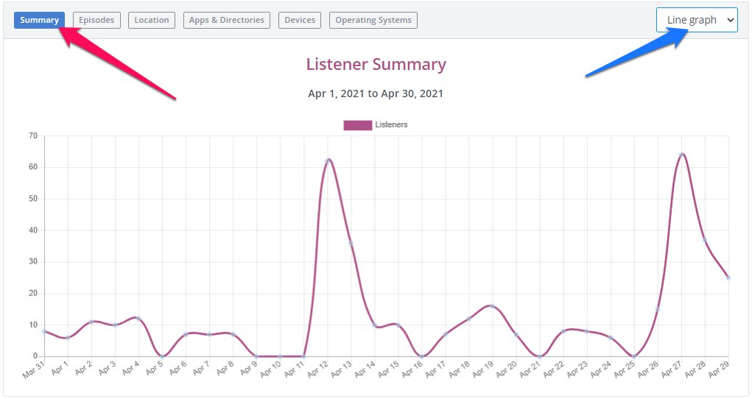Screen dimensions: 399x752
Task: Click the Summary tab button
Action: pos(39,20)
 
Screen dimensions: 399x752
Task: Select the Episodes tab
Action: pos(96,20)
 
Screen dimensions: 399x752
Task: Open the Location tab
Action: pos(152,20)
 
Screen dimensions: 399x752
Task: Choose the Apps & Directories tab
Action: pos(226,20)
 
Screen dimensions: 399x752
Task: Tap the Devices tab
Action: pos(300,20)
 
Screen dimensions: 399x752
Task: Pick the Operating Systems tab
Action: pos(373,20)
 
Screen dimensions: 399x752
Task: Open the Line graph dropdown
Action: pos(697,20)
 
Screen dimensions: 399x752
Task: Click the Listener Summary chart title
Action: pos(376,65)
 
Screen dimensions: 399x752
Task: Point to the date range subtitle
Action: pos(376,93)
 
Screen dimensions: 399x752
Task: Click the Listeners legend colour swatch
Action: pos(357,125)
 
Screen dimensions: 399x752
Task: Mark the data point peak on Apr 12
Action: pos(328,160)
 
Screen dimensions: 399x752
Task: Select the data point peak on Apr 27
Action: pos(682,155)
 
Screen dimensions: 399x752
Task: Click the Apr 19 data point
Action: pos(492,306)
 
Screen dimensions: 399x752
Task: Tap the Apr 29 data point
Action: pos(728,278)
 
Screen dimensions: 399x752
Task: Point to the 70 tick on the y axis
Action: pos(32,136)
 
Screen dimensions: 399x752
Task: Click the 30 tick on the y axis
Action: pos(32,262)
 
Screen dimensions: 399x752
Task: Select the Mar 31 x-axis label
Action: pos(34,370)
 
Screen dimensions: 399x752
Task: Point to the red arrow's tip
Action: pos(61,30)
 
